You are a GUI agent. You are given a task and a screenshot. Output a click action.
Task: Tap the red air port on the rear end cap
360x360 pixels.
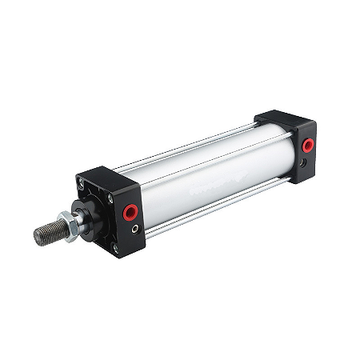307,145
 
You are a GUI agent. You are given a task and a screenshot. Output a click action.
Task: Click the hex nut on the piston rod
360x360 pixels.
69,226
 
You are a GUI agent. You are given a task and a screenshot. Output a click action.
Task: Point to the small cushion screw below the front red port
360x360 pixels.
134,229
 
